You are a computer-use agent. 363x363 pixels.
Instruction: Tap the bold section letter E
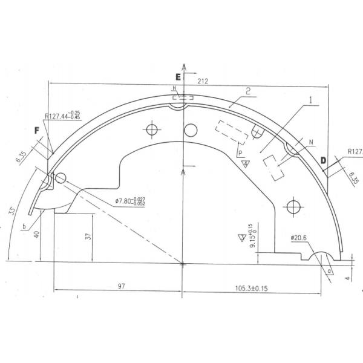[178, 77]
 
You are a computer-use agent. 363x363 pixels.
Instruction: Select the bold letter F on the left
[37, 130]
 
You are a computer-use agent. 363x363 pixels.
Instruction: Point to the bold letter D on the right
[324, 160]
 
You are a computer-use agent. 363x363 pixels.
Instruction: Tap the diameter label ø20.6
[299, 238]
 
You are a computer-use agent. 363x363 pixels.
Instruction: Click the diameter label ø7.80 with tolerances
[129, 202]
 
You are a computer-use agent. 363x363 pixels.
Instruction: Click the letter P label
[240, 153]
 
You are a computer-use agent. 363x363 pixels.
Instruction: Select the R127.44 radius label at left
[62, 116]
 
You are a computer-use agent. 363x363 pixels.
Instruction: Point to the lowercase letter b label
[23, 226]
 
